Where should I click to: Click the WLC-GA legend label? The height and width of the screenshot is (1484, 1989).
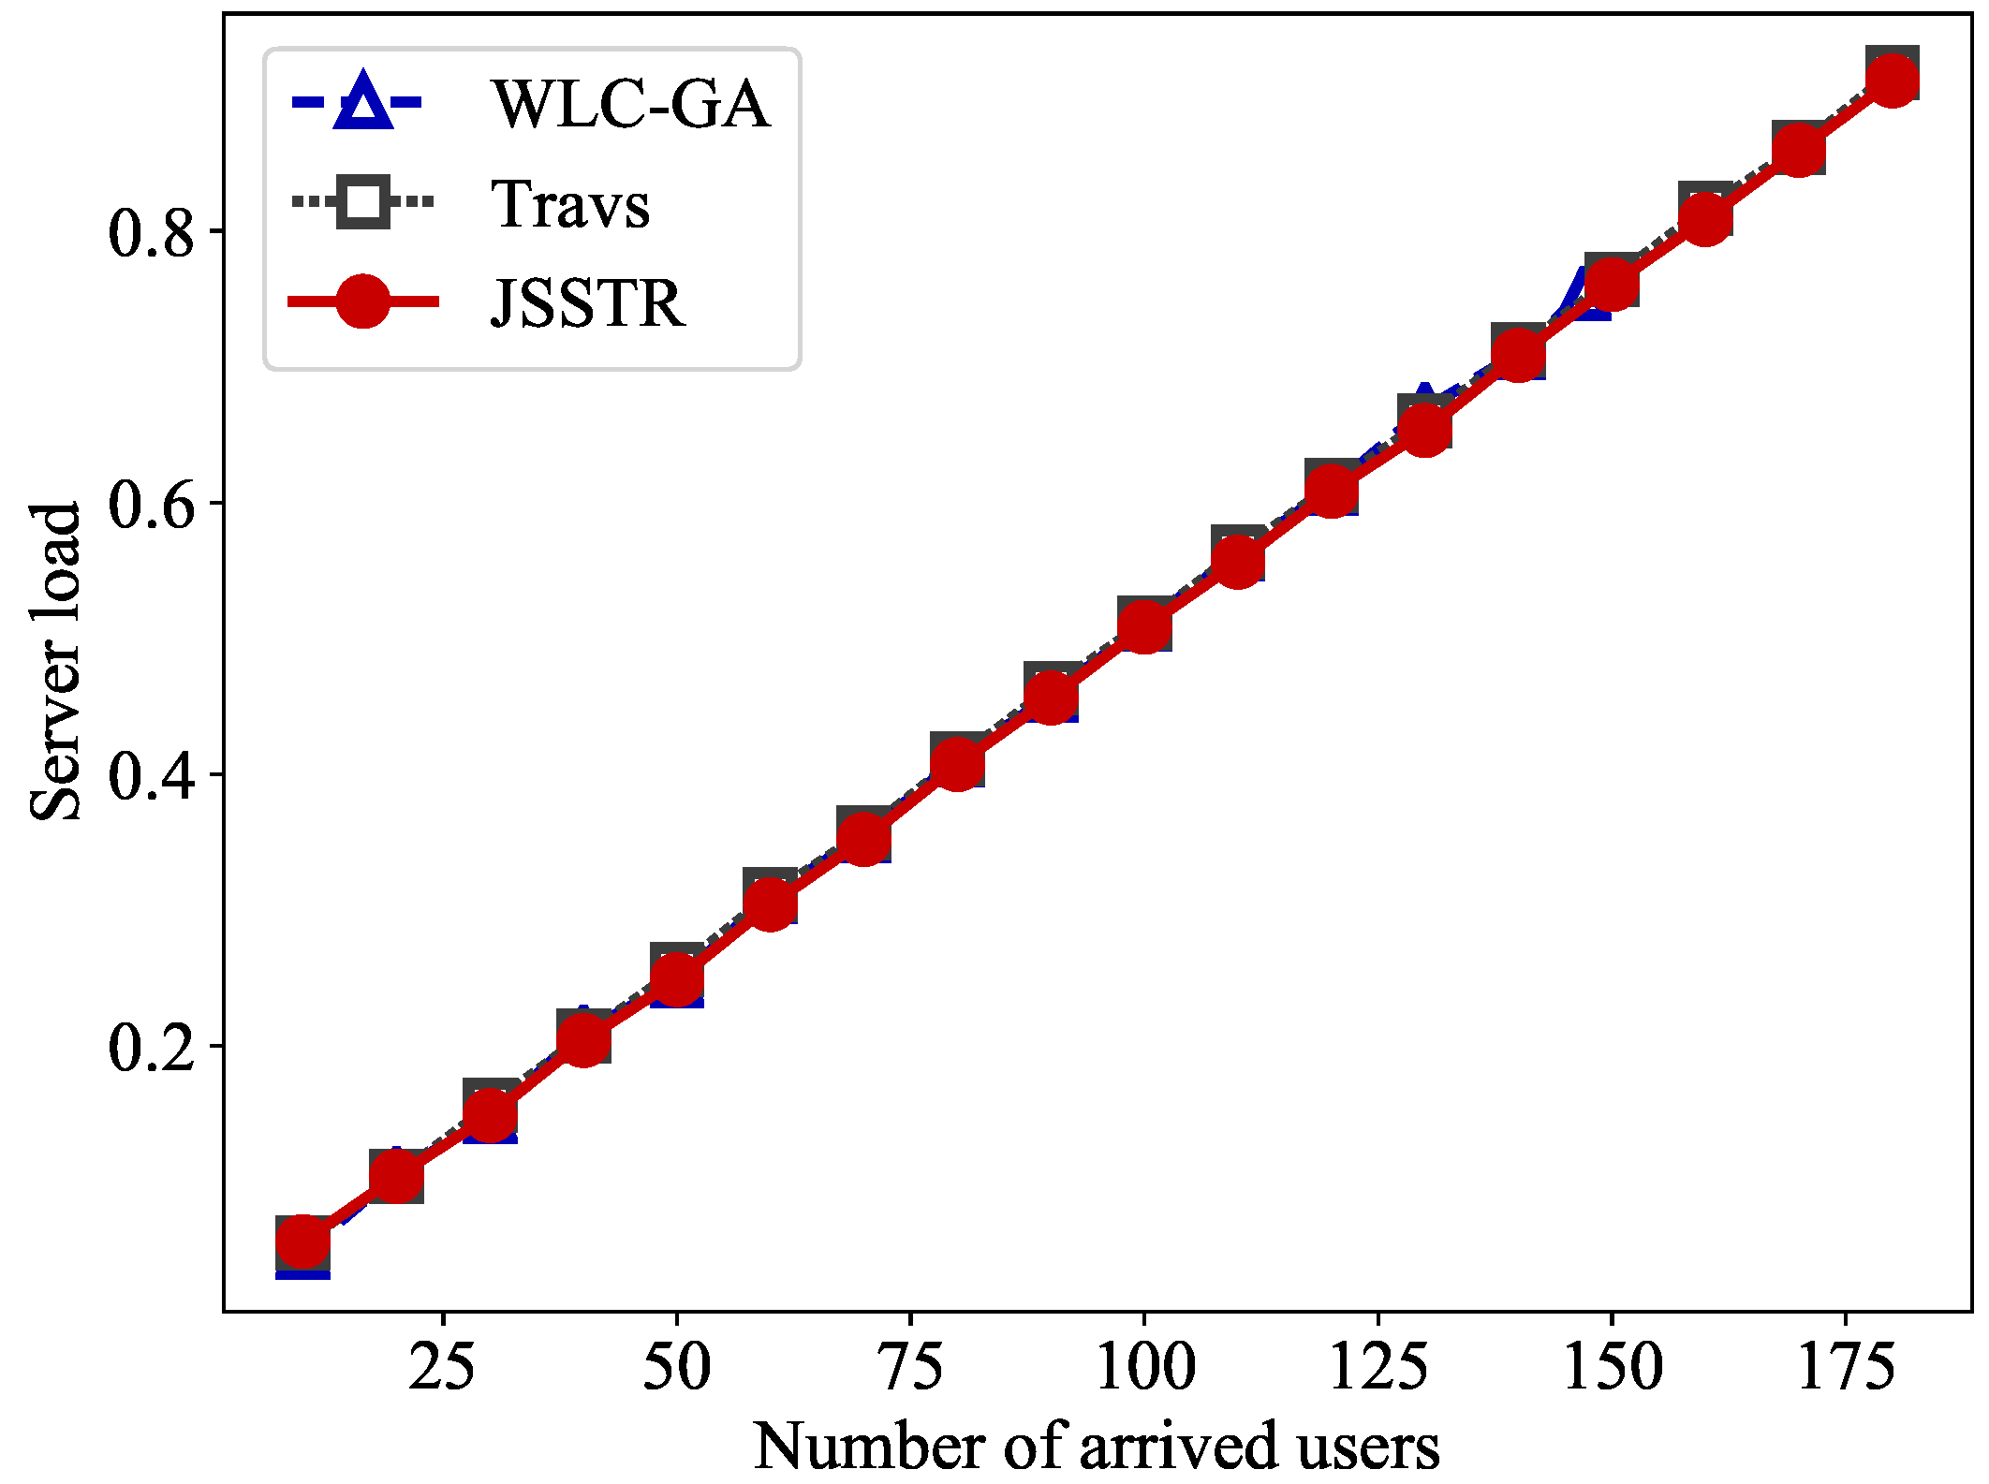tap(631, 104)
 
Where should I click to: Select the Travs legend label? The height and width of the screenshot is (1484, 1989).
tap(570, 204)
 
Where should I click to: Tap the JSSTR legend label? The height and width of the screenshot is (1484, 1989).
tap(588, 303)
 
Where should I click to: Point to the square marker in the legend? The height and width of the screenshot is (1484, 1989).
tap(363, 201)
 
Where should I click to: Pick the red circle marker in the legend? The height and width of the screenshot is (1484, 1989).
tap(363, 301)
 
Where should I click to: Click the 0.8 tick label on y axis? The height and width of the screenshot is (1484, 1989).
tap(151, 232)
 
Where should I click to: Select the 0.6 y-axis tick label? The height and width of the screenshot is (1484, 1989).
tap(151, 504)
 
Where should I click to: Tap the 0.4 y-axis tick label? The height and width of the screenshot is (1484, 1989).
tap(151, 775)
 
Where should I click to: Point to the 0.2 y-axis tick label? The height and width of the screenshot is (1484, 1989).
tap(151, 1047)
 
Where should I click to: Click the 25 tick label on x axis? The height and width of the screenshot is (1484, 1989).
tap(442, 1367)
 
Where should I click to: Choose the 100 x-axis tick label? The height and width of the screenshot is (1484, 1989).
tap(1144, 1367)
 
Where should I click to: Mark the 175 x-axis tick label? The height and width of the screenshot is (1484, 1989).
tap(1846, 1367)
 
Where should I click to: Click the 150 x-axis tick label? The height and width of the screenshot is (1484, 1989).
tap(1612, 1367)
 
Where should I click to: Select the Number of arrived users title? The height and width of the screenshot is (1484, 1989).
tap(1097, 1446)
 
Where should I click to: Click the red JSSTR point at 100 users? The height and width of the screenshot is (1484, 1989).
tap(1144, 625)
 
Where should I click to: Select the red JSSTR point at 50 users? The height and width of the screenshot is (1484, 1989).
tap(676, 978)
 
